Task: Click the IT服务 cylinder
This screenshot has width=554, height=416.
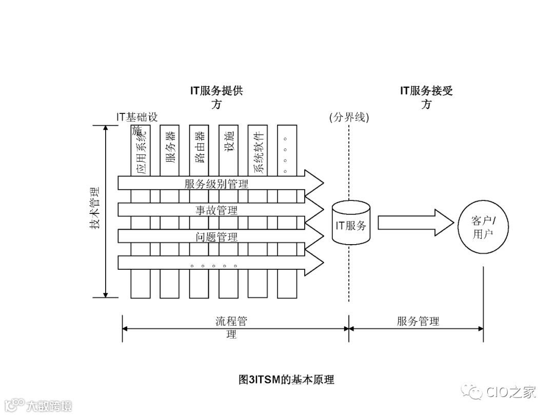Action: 351,223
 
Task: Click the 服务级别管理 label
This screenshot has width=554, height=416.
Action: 216,184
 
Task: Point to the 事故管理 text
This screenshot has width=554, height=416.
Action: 216,210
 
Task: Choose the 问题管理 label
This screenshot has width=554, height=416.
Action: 216,236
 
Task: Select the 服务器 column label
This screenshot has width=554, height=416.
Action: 170,147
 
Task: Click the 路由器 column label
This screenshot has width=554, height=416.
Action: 199,147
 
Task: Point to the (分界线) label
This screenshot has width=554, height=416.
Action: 349,117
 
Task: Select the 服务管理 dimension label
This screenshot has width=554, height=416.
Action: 418,322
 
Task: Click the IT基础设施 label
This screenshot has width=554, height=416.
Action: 137,117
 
